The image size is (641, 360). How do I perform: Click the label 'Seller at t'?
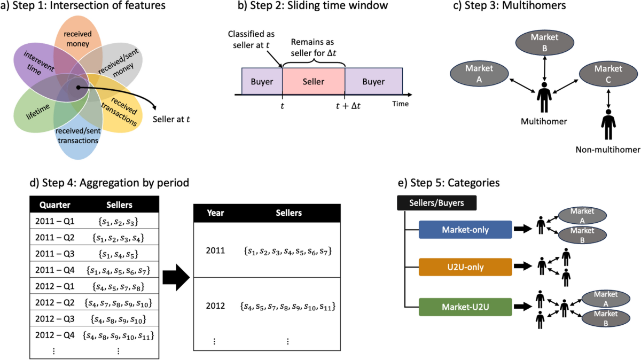(x=171, y=119)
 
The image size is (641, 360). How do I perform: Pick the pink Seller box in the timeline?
(x=313, y=82)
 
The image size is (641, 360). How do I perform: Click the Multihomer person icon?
(x=543, y=96)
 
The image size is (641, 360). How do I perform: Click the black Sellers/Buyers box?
(x=436, y=203)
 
